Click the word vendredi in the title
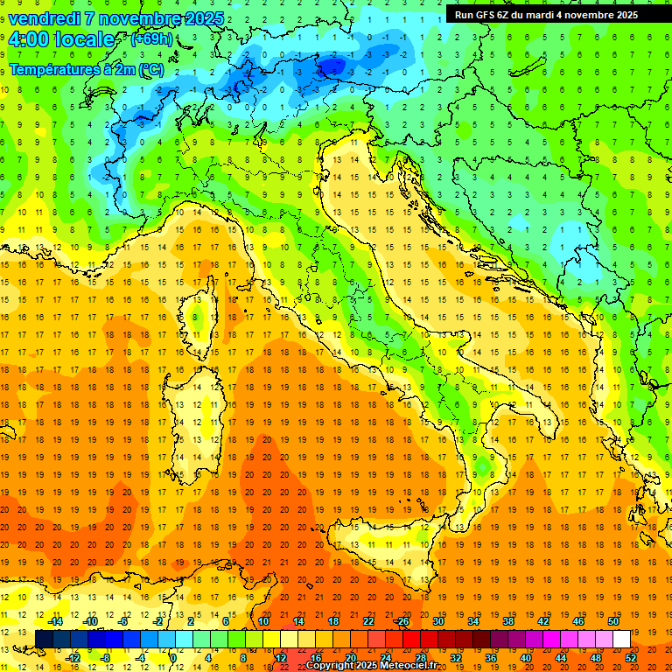pyautogui.click(x=45, y=18)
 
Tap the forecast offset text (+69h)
pyautogui.click(x=151, y=39)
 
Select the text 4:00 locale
pyautogui.click(x=61, y=39)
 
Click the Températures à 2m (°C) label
pyautogui.click(x=87, y=68)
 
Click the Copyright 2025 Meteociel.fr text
pyautogui.click(x=377, y=665)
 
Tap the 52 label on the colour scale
pyautogui.click(x=631, y=657)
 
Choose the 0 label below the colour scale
pyautogui.click(x=174, y=657)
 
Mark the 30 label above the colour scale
pyautogui.click(x=438, y=620)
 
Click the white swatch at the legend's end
pyautogui.click(x=622, y=639)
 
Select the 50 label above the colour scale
pyautogui.click(x=613, y=620)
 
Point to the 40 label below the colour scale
pyautogui.click(x=526, y=657)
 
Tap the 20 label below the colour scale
pyautogui.click(x=350, y=657)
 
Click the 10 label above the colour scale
pyautogui.click(x=263, y=620)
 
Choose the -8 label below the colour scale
pyautogui.click(x=106, y=657)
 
